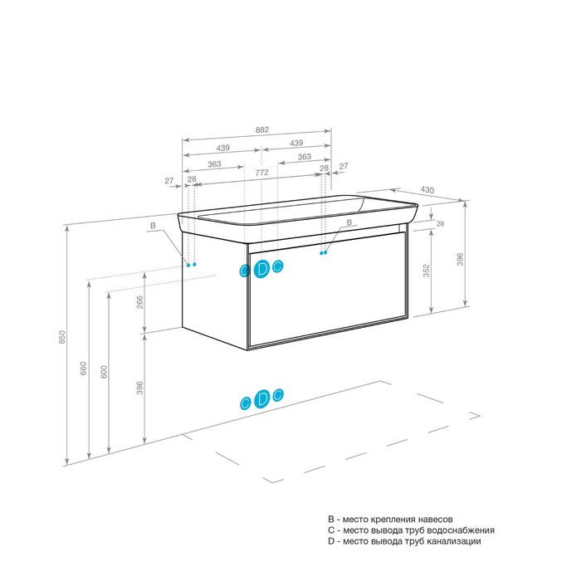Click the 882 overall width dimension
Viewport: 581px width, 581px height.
click(262, 129)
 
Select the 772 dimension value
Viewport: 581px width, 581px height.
click(261, 173)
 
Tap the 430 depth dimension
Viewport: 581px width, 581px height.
click(427, 190)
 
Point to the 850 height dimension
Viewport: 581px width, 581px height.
click(62, 337)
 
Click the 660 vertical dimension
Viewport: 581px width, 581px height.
click(83, 369)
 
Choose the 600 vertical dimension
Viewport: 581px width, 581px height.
click(104, 372)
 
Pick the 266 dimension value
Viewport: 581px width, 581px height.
click(139, 302)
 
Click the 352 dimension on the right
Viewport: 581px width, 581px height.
click(427, 271)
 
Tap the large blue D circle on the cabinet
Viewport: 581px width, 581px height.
click(262, 269)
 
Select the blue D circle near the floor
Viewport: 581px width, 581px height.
click(262, 398)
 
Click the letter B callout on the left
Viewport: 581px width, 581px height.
click(153, 225)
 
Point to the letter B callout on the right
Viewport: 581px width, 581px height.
click(349, 222)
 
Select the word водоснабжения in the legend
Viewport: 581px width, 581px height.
click(461, 530)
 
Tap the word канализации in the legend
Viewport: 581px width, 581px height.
click(454, 541)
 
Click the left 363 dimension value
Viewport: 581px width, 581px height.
click(214, 164)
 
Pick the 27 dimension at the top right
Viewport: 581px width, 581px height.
click(344, 166)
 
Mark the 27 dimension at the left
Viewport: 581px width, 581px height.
click(169, 181)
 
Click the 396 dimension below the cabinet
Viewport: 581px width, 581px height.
click(139, 388)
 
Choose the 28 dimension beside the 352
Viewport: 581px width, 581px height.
click(440, 224)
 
